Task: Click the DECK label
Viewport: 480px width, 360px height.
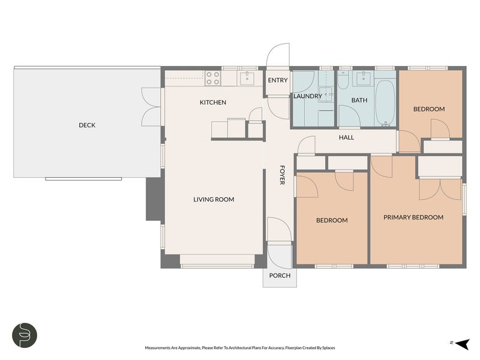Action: tap(87, 125)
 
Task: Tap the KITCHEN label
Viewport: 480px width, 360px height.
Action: tap(213, 103)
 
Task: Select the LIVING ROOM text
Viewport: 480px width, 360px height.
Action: tap(214, 200)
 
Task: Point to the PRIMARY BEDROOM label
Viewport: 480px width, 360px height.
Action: tap(413, 217)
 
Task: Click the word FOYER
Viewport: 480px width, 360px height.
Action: tap(282, 175)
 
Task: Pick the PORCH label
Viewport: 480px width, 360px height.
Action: tap(280, 275)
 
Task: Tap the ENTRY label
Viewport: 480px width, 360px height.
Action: tap(278, 80)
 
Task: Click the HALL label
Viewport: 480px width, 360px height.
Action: tap(346, 137)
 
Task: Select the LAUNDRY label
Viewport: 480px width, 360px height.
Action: tap(308, 96)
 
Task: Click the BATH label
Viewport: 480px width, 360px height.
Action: tap(359, 100)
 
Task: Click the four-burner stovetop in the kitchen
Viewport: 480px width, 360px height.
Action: tap(213, 78)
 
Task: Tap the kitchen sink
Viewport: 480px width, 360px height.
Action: tap(247, 79)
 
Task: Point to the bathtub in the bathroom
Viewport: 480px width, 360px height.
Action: tap(385, 103)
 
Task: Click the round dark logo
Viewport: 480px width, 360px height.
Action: tap(25, 335)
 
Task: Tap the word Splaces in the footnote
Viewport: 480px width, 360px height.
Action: tap(329, 348)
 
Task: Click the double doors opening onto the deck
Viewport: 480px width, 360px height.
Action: tap(151, 107)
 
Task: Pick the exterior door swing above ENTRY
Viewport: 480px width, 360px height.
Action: tap(278, 56)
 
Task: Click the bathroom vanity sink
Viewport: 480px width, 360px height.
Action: tap(364, 79)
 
